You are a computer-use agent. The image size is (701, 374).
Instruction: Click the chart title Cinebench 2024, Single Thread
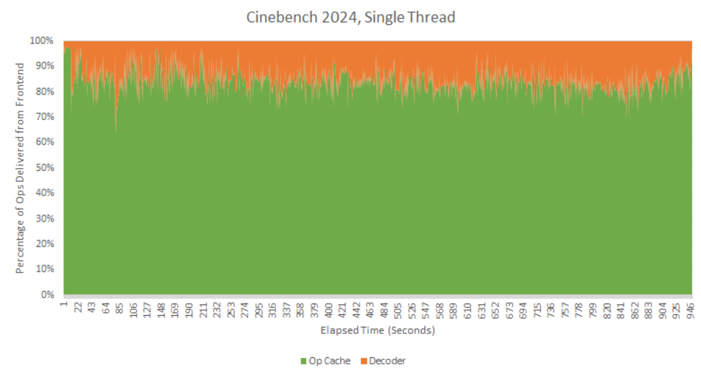pos(350,17)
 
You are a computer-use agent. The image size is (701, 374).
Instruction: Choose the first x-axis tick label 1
pos(64,305)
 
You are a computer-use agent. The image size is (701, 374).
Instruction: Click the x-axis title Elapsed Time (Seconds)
pos(378,330)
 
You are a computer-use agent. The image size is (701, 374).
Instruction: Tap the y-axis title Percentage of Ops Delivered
pos(20,168)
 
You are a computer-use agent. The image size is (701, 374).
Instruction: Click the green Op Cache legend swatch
pos(304,361)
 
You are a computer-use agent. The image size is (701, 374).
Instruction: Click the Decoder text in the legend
pos(387,361)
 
